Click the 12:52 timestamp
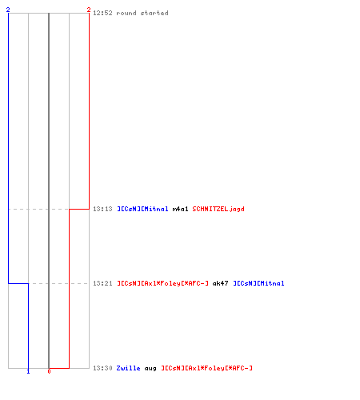[102, 13]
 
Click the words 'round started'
[142, 13]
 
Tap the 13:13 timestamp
[102, 209]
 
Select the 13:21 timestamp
[102, 283]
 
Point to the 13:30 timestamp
[102, 368]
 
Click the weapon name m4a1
[181, 209]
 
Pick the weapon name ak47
[220, 283]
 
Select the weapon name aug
[150, 368]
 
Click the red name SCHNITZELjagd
[218, 209]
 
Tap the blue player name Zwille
[128, 368]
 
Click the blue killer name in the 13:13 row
[142, 209]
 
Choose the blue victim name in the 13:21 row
[258, 283]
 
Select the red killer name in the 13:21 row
[162, 283]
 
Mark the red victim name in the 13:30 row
[206, 368]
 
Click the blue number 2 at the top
[8, 10]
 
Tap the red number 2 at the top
[89, 10]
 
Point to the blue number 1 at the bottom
[28, 371]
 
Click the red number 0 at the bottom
[49, 371]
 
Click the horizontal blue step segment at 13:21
[18, 283]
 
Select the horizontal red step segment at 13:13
[79, 209]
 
